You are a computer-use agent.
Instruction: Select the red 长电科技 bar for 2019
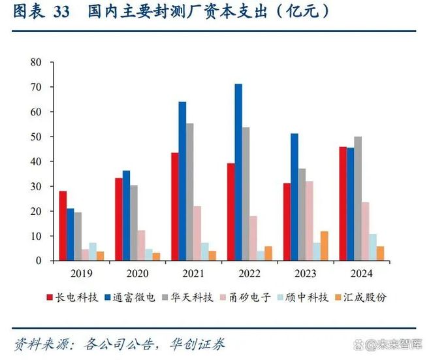pyautogui.click(x=63, y=226)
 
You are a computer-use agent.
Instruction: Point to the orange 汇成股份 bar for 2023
pyautogui.click(x=324, y=246)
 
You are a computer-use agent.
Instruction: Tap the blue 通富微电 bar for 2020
pyautogui.click(x=126, y=216)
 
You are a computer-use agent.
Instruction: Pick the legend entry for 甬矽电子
pyautogui.click(x=248, y=297)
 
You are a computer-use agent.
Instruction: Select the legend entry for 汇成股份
pyautogui.click(x=362, y=297)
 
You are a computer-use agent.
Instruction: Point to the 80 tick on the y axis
pyautogui.click(x=37, y=63)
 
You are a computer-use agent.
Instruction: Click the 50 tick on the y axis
pyautogui.click(x=37, y=137)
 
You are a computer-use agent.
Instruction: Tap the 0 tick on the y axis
pyautogui.click(x=39, y=261)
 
